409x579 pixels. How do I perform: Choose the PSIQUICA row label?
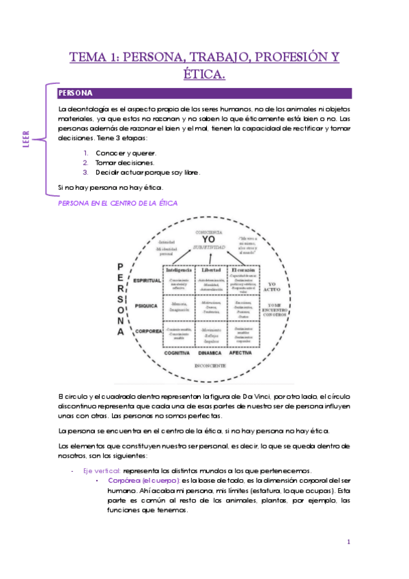click(147, 306)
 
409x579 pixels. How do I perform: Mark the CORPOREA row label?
click(147, 331)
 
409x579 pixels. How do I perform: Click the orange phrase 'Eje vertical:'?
click(102, 470)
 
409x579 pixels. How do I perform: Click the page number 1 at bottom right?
click(348, 542)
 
